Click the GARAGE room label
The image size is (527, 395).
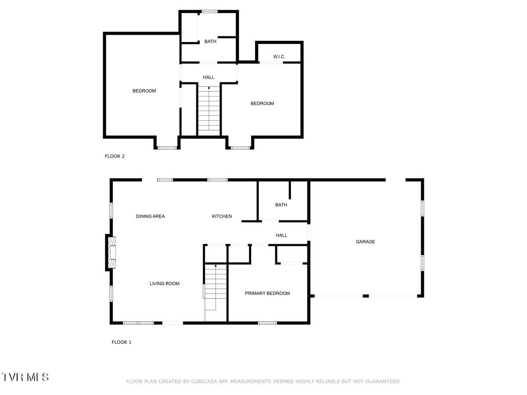click(x=365, y=242)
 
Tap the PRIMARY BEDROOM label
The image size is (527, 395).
click(x=267, y=294)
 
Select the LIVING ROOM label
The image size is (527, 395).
click(x=164, y=284)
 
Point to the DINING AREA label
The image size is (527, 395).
click(x=150, y=216)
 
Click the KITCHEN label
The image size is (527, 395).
click(x=222, y=216)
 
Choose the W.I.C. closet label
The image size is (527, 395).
click(x=279, y=57)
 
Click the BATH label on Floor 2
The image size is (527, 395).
click(x=210, y=42)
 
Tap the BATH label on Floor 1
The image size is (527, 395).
click(x=281, y=205)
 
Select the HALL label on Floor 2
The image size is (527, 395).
click(x=209, y=78)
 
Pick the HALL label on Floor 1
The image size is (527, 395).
click(x=282, y=236)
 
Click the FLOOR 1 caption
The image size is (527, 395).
click(x=121, y=342)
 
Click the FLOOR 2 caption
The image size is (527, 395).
click(x=115, y=156)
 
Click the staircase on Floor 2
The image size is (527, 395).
click(x=209, y=110)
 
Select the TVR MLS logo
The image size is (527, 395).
click(x=25, y=377)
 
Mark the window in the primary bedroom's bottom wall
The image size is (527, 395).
click(x=267, y=323)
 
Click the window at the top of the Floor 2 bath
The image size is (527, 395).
click(x=209, y=11)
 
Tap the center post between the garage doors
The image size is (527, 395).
click(x=365, y=296)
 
